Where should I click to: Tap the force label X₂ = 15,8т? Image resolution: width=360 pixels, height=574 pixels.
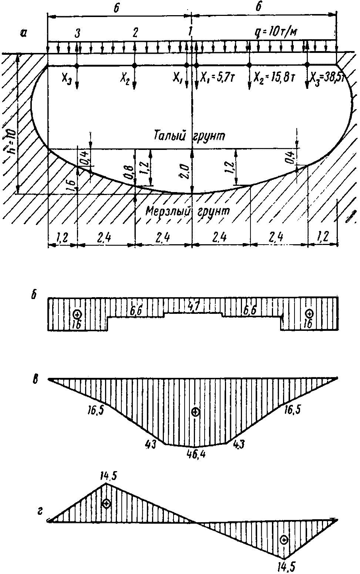click(x=274, y=77)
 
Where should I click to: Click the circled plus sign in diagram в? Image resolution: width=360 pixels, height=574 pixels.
click(x=196, y=412)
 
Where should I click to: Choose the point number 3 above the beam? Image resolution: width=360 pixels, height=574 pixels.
click(x=78, y=33)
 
